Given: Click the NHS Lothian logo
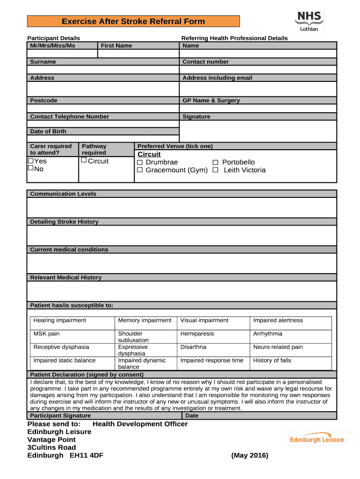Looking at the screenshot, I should click(x=309, y=22).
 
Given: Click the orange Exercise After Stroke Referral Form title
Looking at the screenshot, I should click(x=133, y=22).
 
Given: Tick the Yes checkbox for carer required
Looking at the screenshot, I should click(x=31, y=161).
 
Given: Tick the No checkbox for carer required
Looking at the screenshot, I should click(x=31, y=168).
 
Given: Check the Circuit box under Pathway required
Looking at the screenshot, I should click(x=84, y=160).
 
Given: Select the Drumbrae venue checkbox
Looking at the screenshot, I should click(x=139, y=162).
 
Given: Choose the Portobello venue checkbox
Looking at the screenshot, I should click(x=216, y=162).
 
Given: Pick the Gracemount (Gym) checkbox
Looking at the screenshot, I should click(x=139, y=170).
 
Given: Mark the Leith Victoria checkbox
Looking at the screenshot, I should click(x=216, y=170).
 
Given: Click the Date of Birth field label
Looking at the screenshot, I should click(x=48, y=131).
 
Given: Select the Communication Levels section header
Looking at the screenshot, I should click(x=63, y=194).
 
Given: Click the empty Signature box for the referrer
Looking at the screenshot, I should click(x=258, y=131).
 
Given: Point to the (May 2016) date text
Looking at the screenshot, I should click(x=250, y=456).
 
